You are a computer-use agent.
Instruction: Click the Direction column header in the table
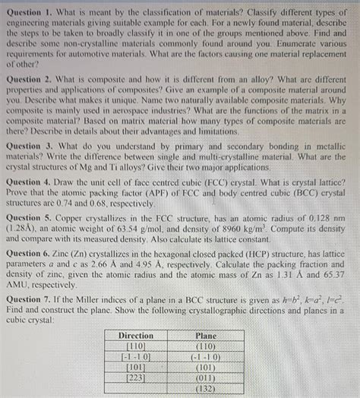(135, 336)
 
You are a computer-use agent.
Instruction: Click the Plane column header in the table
(206, 336)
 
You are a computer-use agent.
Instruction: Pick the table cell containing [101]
(135, 366)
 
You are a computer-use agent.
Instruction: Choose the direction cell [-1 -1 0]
(135, 356)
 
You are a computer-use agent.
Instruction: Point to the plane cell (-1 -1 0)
(206, 356)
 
